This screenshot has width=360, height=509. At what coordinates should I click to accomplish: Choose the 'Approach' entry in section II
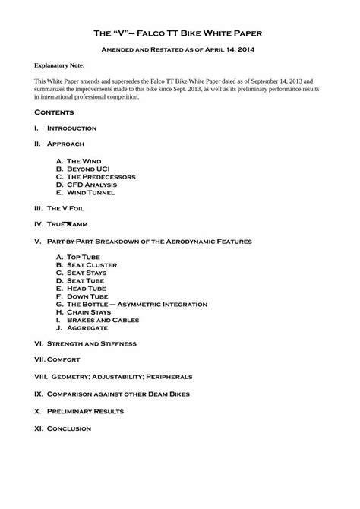point(65,144)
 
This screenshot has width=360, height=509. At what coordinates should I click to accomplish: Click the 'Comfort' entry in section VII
point(64,359)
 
